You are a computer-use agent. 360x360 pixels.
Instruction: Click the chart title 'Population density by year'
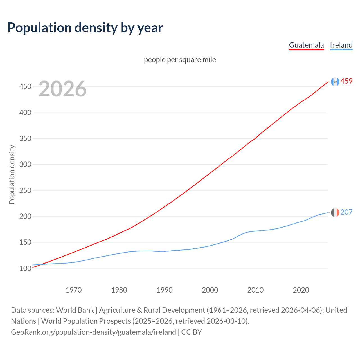pos(85,28)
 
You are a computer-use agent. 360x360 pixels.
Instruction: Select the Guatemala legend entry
pos(306,45)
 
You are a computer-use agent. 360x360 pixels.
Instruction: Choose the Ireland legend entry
pos(341,45)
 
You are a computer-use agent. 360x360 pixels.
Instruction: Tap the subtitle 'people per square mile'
pos(180,60)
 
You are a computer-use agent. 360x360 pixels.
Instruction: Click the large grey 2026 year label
pos(62,89)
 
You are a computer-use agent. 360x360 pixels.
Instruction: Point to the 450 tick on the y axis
pos(25,87)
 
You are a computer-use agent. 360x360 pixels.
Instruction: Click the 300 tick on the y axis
pos(25,165)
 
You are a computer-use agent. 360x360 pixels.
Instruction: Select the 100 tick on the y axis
pos(25,268)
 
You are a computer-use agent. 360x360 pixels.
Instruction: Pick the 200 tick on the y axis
pos(25,217)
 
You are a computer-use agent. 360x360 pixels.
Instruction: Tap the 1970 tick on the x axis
pos(74,290)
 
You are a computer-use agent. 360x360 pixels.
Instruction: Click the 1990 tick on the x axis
pos(165,290)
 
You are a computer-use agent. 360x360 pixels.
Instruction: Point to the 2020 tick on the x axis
pos(301,290)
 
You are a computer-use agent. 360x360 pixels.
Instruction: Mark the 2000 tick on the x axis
pos(210,290)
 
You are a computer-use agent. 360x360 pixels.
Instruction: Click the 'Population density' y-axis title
pos(12,174)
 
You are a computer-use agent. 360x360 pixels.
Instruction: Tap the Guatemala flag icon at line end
pos(335,82)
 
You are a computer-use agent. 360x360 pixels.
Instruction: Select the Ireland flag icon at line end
pos(335,212)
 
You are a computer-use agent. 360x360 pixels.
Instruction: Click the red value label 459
pos(346,81)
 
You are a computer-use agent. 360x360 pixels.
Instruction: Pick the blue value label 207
pos(346,212)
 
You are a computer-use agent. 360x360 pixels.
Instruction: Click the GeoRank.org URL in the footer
pos(93,332)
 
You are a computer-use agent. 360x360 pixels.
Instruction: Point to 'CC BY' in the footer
pos(192,332)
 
